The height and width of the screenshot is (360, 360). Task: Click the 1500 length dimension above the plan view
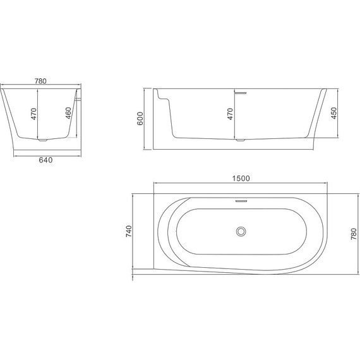coord(241,178)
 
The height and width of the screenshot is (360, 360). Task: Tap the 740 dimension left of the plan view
coord(129,231)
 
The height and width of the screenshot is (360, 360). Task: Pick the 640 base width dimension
coord(44,160)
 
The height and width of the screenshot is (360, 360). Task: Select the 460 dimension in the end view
coord(68,114)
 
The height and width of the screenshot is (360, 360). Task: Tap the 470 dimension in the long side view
coord(231,114)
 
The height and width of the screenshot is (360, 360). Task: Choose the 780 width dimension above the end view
coord(41,81)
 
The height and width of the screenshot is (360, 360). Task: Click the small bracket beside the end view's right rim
coord(80,97)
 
